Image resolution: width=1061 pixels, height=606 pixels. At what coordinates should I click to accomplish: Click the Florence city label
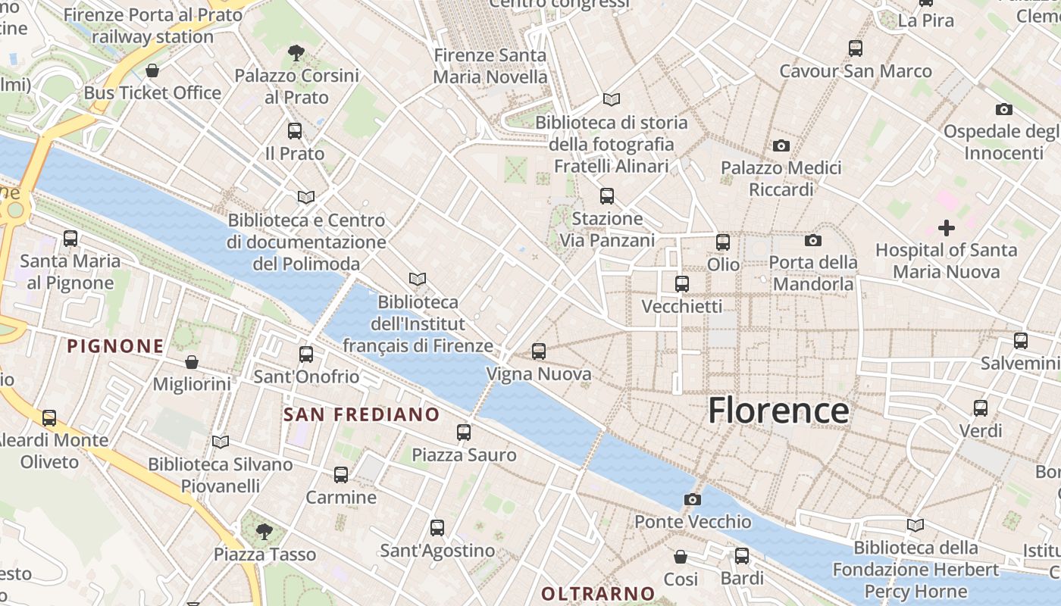778,411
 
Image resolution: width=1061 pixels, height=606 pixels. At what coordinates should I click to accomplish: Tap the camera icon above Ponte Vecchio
692,499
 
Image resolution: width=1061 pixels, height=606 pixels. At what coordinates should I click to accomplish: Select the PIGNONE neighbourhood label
115,346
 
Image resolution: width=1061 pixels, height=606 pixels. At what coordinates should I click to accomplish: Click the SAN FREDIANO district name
361,414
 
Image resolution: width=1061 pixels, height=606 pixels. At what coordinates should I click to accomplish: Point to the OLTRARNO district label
598,593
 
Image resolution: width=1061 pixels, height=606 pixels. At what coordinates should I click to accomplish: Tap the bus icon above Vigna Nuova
538,351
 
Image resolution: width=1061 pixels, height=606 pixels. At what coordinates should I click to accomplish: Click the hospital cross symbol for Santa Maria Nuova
946,227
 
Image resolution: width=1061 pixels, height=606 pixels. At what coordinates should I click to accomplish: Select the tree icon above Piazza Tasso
264,532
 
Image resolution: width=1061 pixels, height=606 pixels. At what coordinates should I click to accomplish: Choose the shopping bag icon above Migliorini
192,363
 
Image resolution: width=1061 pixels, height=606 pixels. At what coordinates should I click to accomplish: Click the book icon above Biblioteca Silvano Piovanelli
221,442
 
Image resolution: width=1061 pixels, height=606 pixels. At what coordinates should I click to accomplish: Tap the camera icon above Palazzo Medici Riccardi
781,145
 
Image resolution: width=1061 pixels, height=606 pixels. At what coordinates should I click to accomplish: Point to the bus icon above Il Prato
295,131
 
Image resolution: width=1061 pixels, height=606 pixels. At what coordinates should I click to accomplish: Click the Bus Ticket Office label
152,92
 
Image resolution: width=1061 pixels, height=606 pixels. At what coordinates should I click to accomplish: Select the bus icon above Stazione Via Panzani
606,196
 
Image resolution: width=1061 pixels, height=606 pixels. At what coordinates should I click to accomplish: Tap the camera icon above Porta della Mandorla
812,241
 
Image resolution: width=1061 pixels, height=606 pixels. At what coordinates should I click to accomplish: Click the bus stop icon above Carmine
341,475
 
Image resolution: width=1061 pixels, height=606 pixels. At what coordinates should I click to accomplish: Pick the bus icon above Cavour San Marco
855,48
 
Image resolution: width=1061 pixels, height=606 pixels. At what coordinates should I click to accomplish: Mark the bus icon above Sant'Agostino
437,528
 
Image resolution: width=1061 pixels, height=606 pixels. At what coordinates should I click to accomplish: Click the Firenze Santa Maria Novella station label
490,66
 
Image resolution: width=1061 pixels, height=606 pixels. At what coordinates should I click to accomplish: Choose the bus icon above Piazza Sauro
464,433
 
